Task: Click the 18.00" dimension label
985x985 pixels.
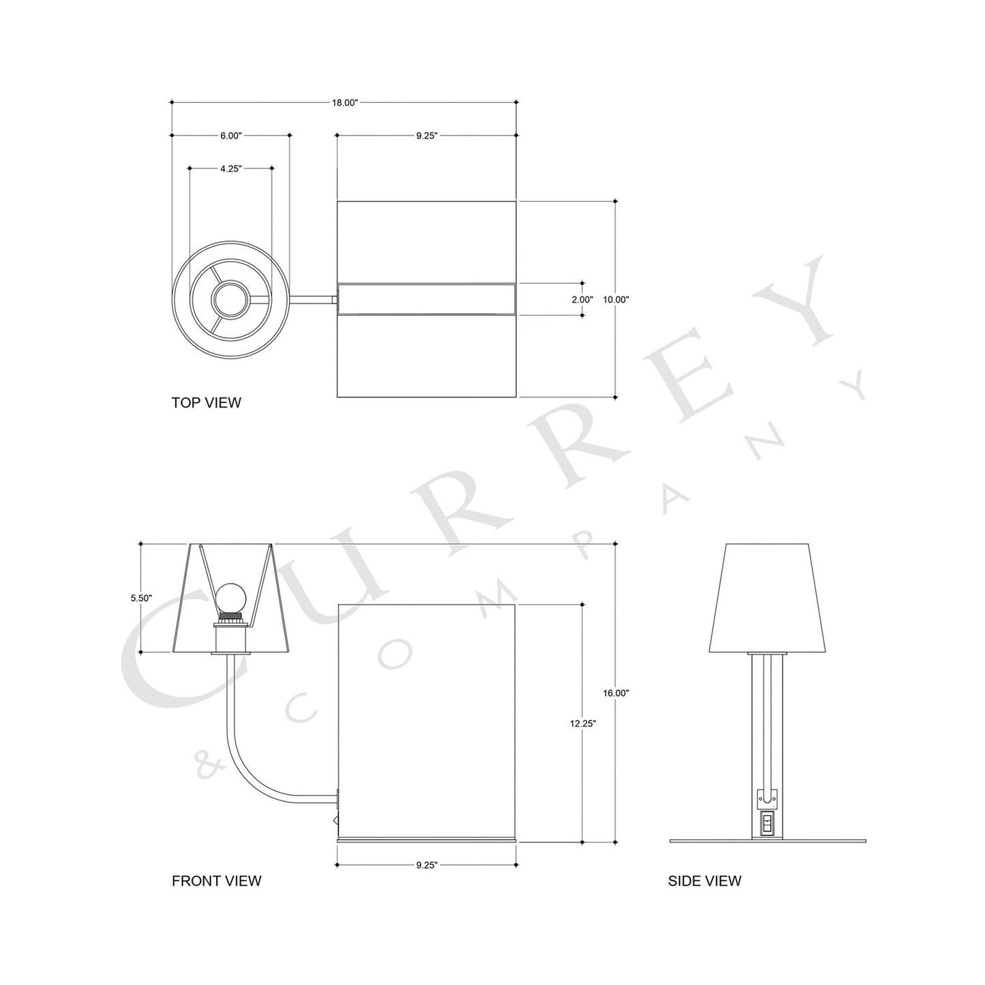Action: click(x=344, y=103)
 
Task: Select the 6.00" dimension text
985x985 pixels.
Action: click(x=231, y=136)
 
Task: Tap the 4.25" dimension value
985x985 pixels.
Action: click(x=231, y=168)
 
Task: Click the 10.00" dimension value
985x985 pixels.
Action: click(x=616, y=299)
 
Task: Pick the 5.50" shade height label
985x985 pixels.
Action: click(x=141, y=598)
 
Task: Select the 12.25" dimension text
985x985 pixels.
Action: click(x=583, y=724)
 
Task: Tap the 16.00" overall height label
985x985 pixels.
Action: click(x=616, y=693)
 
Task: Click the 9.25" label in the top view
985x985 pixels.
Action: click(x=426, y=136)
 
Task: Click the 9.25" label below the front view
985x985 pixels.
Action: click(x=426, y=865)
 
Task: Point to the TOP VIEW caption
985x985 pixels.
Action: click(x=206, y=402)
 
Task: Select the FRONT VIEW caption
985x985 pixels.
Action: click(x=216, y=881)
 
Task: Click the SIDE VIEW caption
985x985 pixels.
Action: click(x=704, y=881)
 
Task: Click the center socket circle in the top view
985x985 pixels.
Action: click(x=230, y=299)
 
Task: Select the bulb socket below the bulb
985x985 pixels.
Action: click(x=230, y=637)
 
